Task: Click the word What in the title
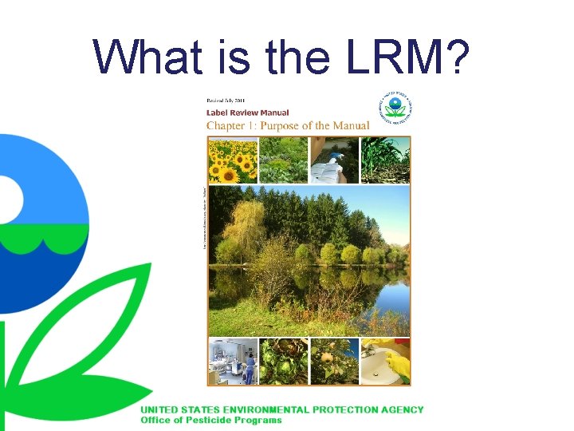click(x=143, y=57)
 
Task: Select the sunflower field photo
click(x=232, y=160)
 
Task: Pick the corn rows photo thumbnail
click(x=386, y=160)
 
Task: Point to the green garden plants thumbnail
click(x=283, y=160)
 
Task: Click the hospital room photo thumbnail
click(x=233, y=362)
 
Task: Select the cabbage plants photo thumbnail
click(x=283, y=362)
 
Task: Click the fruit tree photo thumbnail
click(x=334, y=362)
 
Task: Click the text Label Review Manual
click(x=248, y=113)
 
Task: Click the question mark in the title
click(x=460, y=57)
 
